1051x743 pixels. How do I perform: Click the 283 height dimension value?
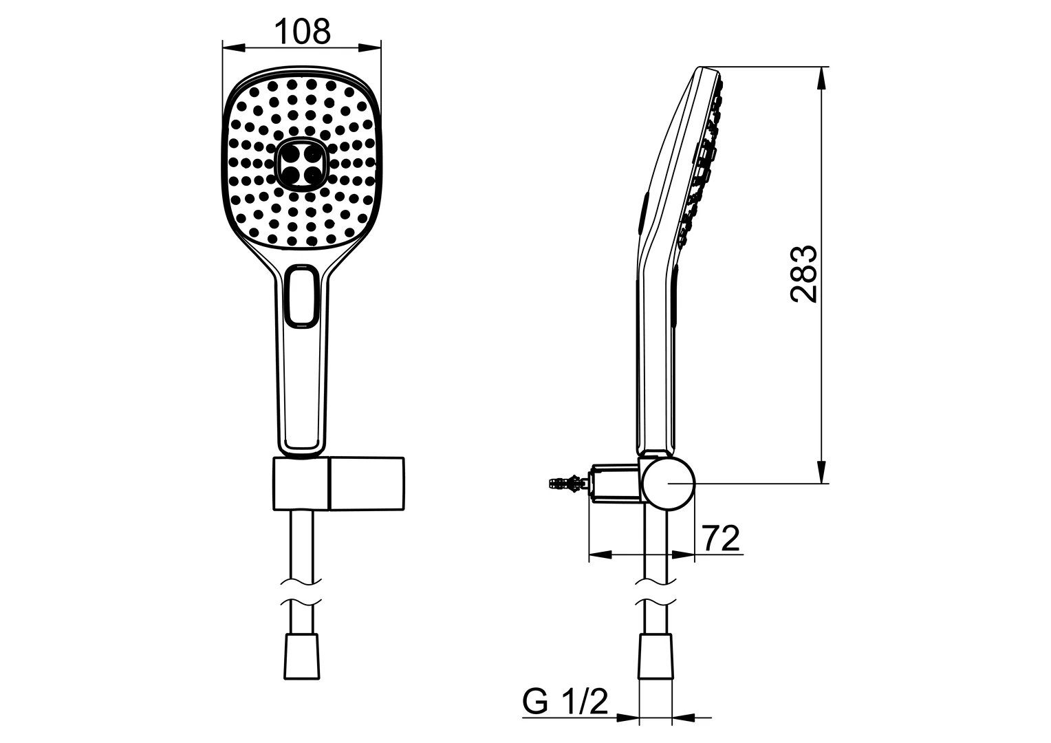click(803, 273)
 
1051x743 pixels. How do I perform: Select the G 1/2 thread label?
click(565, 702)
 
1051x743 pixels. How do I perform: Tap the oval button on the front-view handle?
click(301, 297)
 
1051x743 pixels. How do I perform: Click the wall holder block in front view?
click(338, 484)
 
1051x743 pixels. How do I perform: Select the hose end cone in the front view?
click(303, 658)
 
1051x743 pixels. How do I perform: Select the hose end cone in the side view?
click(655, 658)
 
